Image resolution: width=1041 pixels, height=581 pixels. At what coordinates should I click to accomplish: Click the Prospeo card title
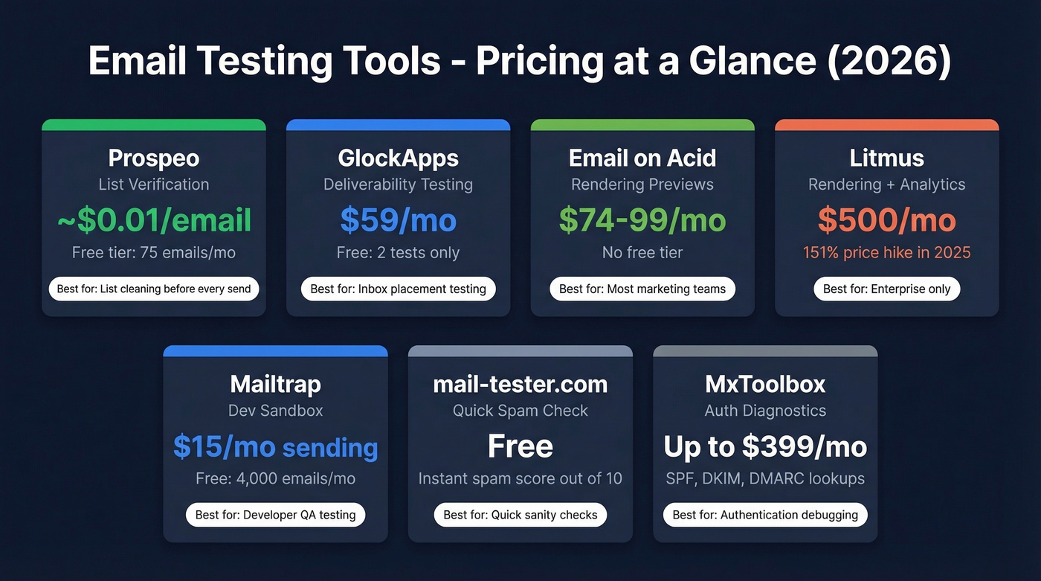(x=154, y=158)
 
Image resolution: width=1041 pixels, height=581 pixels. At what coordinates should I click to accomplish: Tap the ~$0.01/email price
(x=154, y=219)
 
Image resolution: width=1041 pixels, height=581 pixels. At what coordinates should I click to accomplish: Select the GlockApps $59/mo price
(x=398, y=219)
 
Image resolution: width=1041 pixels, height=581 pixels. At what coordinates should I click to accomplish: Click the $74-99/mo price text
(x=642, y=219)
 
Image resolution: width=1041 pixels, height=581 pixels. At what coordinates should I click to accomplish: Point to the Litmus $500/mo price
(x=886, y=219)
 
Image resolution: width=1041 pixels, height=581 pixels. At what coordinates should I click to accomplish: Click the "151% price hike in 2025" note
(x=886, y=252)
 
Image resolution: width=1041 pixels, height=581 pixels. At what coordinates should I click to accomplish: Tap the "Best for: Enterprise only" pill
(x=886, y=289)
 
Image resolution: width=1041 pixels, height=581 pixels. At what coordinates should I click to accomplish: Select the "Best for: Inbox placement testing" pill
(x=398, y=289)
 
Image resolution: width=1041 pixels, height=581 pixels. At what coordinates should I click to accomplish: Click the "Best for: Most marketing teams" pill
(x=642, y=289)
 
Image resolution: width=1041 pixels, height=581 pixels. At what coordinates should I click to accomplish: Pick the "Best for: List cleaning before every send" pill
(x=154, y=289)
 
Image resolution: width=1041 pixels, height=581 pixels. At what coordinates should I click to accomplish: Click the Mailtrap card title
(x=275, y=384)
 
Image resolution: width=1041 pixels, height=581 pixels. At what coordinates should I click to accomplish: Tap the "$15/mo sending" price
(x=275, y=446)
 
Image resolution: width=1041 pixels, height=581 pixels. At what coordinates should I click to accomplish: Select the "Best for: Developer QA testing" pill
(x=275, y=515)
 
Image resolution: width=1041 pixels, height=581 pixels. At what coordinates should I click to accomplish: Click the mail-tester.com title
(x=520, y=384)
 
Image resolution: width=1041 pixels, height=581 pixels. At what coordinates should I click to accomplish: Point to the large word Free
(x=520, y=446)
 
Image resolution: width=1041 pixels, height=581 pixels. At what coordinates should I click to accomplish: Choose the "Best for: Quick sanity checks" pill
(x=520, y=515)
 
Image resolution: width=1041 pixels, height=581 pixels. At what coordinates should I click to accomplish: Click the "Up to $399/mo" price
(x=765, y=446)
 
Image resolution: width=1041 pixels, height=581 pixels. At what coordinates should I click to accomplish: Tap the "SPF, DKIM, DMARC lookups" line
(x=765, y=478)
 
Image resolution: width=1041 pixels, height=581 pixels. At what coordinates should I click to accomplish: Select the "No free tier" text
(x=642, y=252)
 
